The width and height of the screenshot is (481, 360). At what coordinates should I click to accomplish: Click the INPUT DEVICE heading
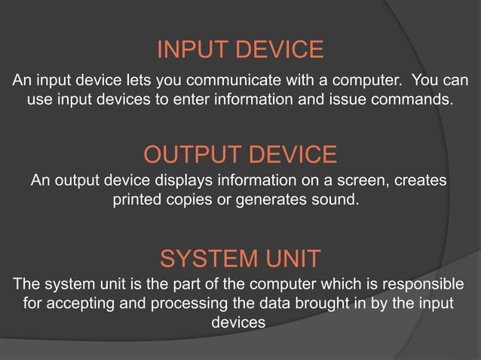pyautogui.click(x=240, y=50)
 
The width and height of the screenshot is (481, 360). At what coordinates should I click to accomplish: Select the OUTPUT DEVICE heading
pyautogui.click(x=240, y=155)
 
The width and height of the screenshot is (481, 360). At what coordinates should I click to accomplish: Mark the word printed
pyautogui.click(x=139, y=201)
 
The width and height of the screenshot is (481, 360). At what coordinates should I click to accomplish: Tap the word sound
pyautogui.click(x=338, y=201)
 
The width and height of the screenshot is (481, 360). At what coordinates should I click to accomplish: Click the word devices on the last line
pyautogui.click(x=239, y=322)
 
